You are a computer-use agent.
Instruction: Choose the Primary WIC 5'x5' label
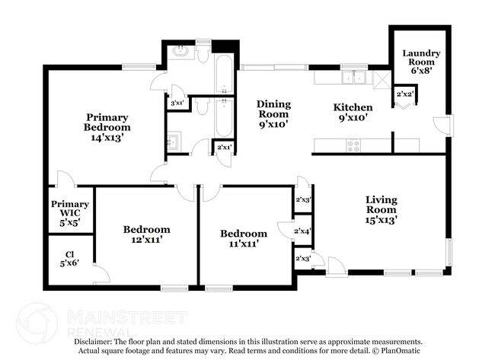pyautogui.click(x=70, y=213)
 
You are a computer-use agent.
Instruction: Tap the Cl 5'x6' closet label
pyautogui.click(x=69, y=259)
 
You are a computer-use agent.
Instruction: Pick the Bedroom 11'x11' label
pyautogui.click(x=244, y=238)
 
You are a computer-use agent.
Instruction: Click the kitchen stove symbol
pyautogui.click(x=354, y=145)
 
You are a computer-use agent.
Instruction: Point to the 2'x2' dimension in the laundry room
pyautogui.click(x=405, y=94)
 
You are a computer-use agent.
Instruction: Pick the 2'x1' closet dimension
pyautogui.click(x=225, y=147)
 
